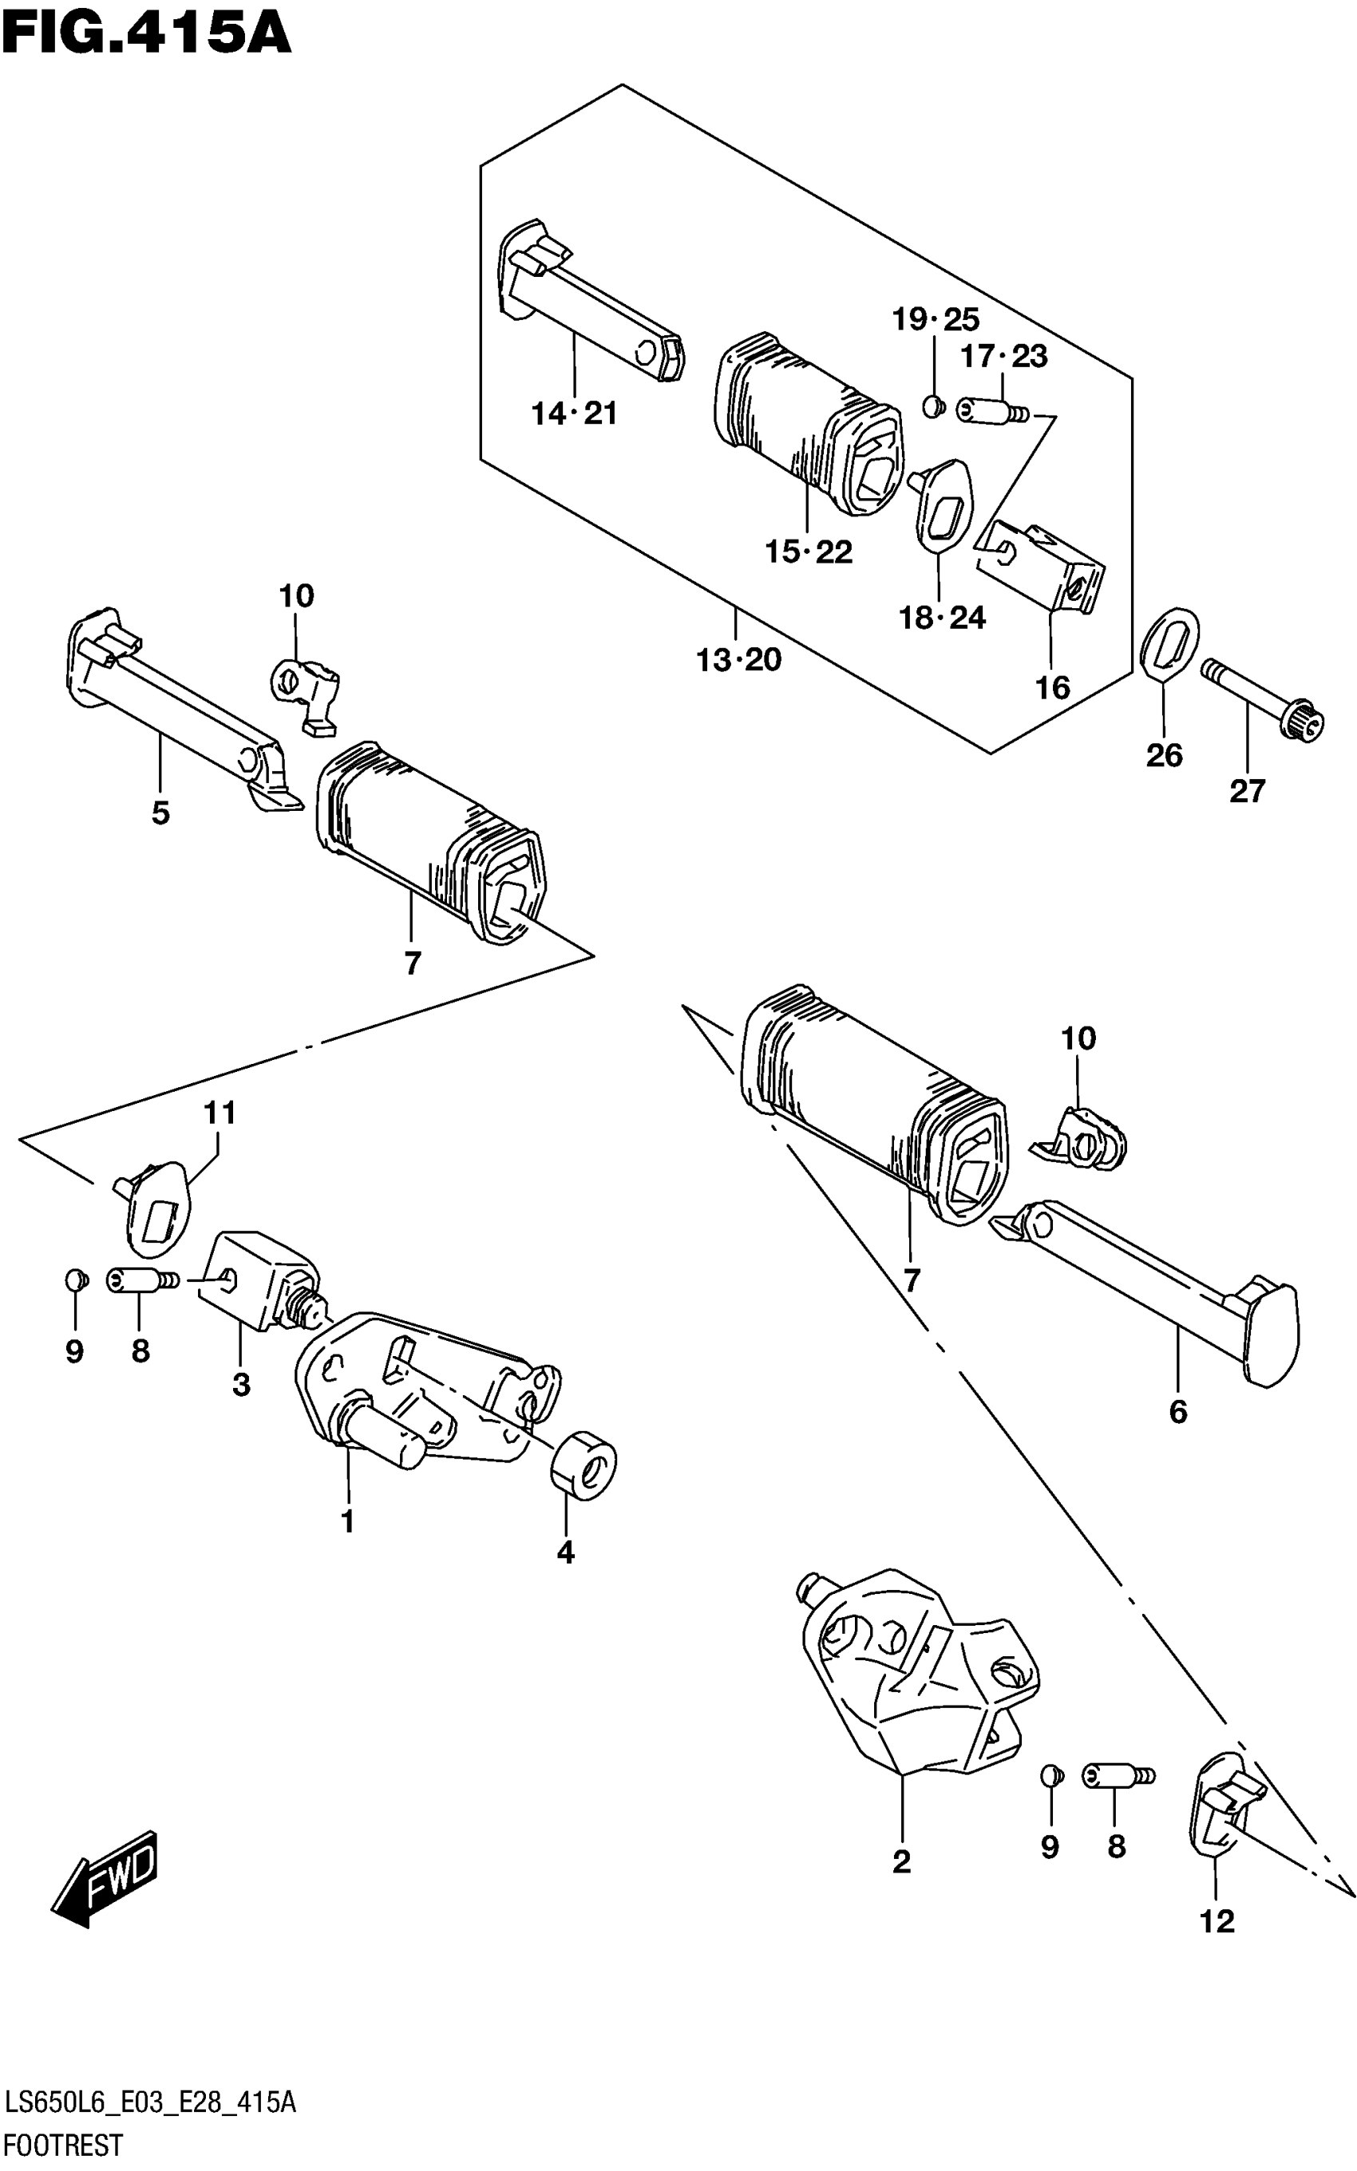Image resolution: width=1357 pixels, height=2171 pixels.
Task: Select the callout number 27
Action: [x=1247, y=791]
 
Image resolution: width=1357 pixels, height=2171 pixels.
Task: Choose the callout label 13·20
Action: [x=738, y=660]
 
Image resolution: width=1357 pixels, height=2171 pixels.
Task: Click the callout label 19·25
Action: [x=936, y=319]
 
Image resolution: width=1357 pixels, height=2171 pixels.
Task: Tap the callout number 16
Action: [x=1053, y=688]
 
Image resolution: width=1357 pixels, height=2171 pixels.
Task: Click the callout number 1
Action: [x=347, y=1520]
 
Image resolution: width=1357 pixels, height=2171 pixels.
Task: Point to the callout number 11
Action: [x=219, y=1113]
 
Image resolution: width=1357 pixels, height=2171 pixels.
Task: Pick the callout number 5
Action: [x=160, y=813]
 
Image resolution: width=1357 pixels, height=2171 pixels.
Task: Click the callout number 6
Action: [x=1177, y=1413]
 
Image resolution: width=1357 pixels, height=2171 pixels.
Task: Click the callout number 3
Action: [x=240, y=1385]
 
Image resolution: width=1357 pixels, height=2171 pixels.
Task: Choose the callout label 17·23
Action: [x=1003, y=357]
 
